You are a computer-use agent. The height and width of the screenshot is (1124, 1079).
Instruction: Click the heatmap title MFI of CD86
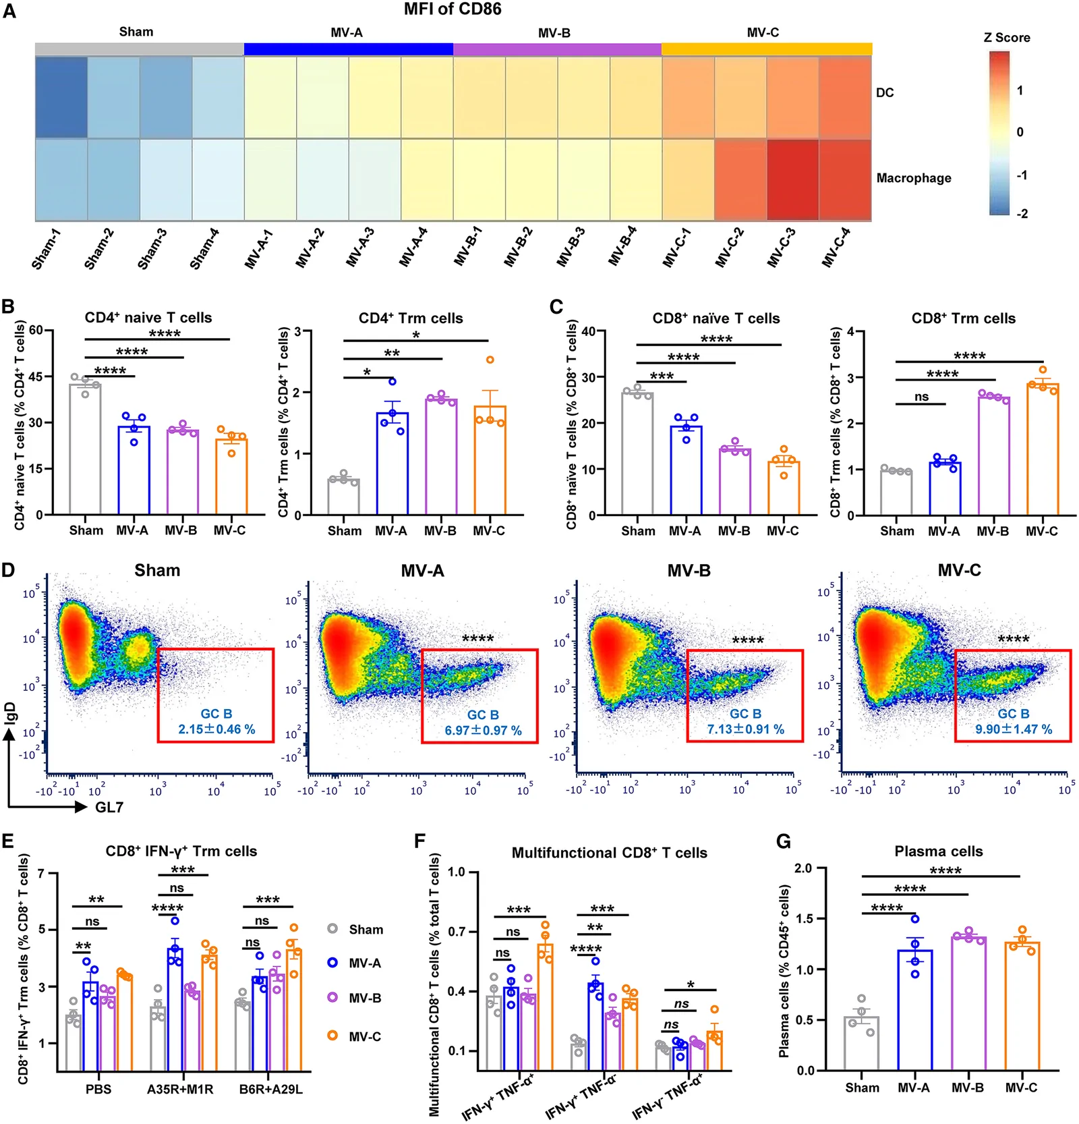[x=453, y=9]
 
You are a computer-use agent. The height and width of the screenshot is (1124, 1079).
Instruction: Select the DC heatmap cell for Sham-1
[x=61, y=97]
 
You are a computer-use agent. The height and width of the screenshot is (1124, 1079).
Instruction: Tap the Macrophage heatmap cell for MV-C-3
[x=792, y=179]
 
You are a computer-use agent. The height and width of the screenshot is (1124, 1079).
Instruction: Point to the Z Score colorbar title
[x=1007, y=38]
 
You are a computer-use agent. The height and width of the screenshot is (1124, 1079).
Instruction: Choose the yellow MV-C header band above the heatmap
[x=767, y=49]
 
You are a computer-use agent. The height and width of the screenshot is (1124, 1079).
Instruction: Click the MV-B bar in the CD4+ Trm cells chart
[x=441, y=457]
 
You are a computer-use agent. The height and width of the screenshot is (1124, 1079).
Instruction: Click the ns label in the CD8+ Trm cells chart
[x=921, y=397]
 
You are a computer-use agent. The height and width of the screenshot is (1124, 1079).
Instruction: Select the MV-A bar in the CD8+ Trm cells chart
[x=944, y=488]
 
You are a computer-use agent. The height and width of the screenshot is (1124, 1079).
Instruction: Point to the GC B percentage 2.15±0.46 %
[x=216, y=729]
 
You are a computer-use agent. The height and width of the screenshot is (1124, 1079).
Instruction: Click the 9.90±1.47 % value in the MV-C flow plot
[x=1014, y=729]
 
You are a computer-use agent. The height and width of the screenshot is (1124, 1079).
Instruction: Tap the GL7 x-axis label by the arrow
[x=109, y=807]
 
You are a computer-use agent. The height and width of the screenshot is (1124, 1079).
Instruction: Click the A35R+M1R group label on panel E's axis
[x=180, y=1089]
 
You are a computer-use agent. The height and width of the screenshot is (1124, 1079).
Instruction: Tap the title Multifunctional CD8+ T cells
[x=610, y=853]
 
